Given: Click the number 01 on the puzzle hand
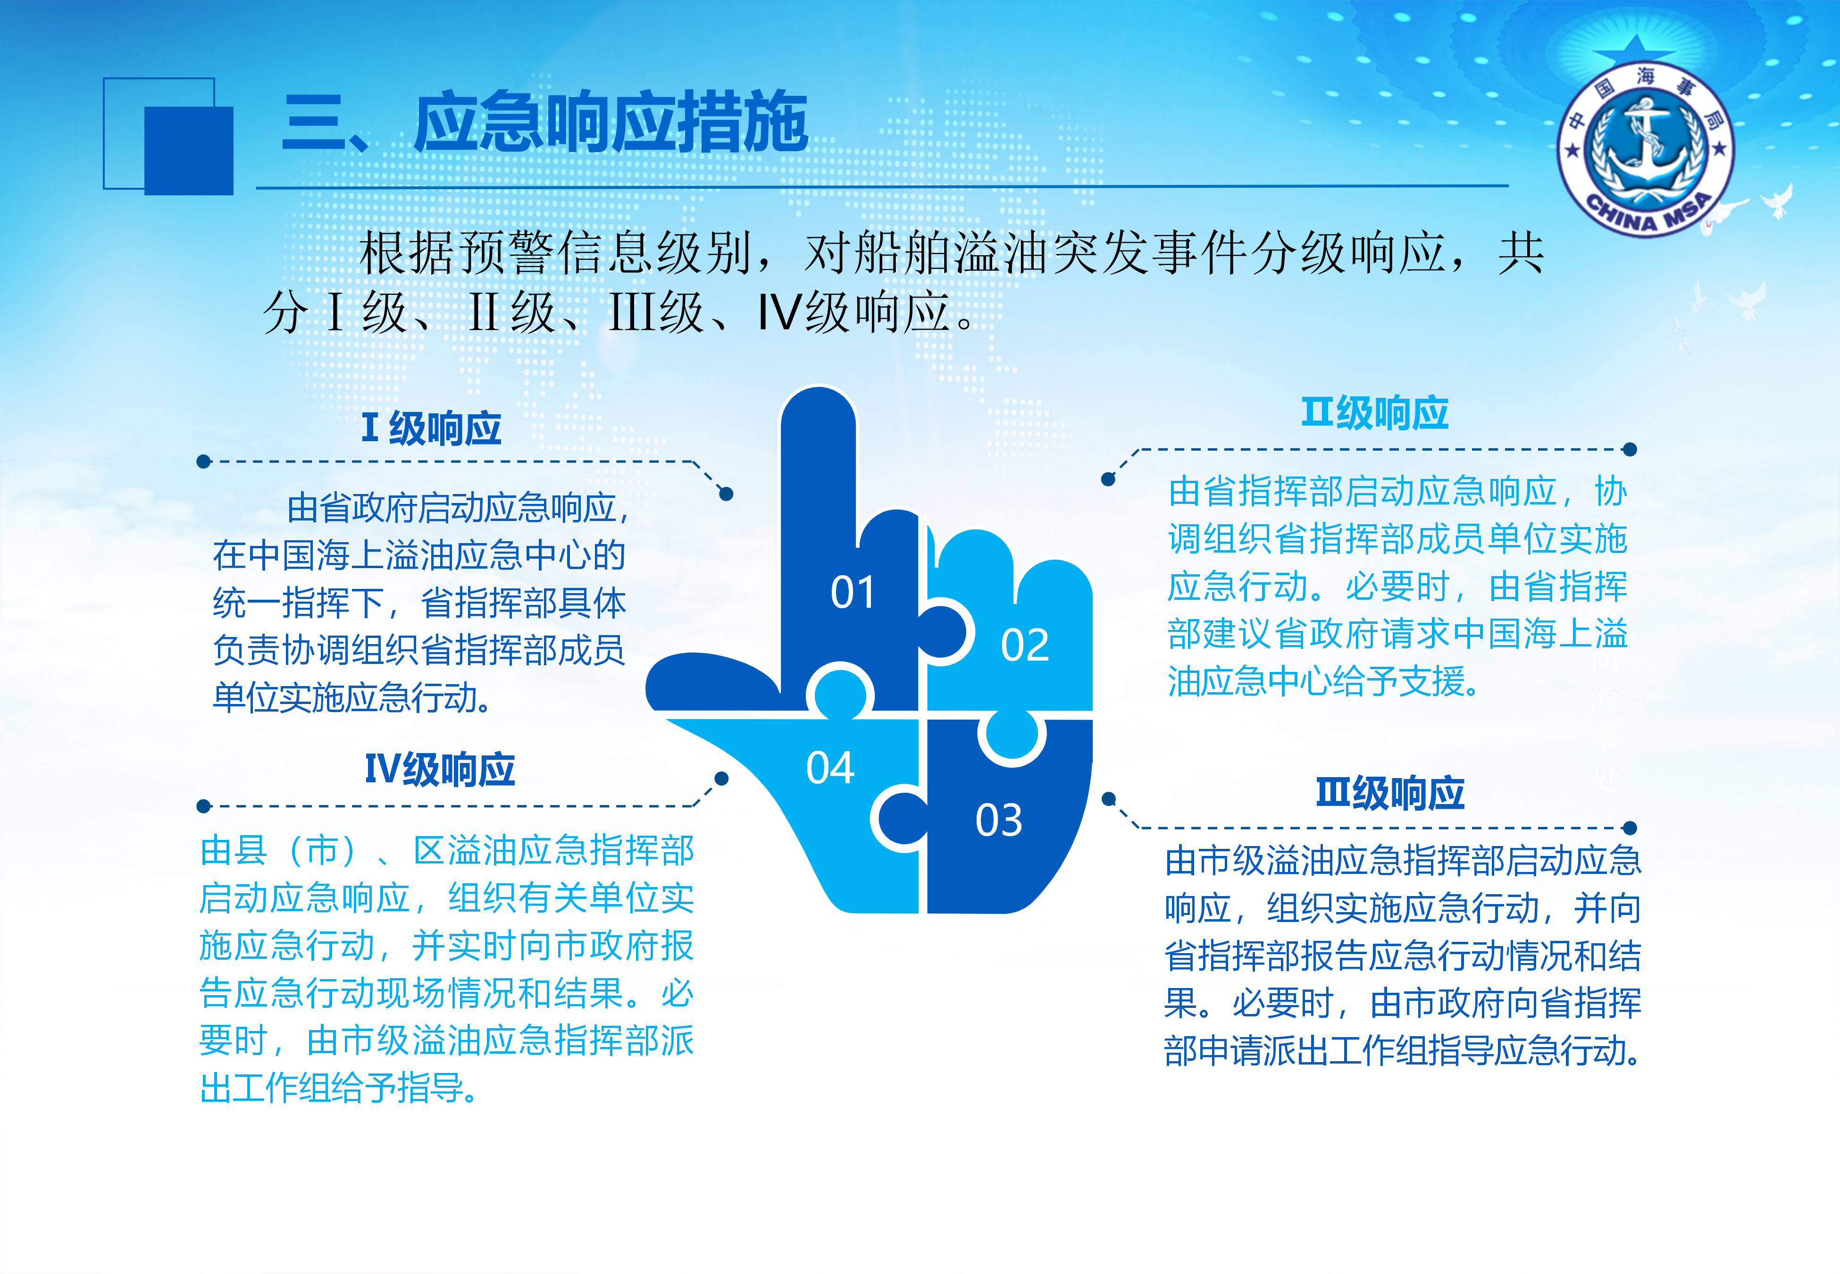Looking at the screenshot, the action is tap(852, 592).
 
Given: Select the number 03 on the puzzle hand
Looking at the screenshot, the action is tap(998, 820).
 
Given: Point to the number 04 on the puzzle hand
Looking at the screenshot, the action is tap(830, 768).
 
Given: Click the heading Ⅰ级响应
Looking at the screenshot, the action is tap(432, 428).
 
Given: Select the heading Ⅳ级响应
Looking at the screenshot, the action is tap(440, 770).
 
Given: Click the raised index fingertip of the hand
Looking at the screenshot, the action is tap(818, 407).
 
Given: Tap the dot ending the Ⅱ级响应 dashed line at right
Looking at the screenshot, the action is tap(1630, 449).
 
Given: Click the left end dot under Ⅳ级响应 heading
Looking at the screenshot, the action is tap(203, 806).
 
